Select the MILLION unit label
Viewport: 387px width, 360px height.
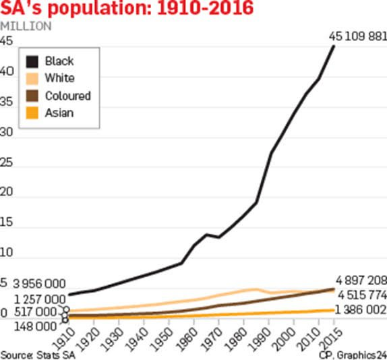(25, 26)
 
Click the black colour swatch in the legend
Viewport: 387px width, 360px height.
(31, 61)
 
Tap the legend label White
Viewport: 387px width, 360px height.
(59, 78)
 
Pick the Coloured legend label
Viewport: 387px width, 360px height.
(67, 96)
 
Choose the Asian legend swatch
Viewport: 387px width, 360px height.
(31, 113)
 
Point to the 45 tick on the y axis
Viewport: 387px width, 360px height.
(7, 41)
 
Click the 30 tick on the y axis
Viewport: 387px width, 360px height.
(7, 132)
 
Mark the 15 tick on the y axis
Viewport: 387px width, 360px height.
(7, 223)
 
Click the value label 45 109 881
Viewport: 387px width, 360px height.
(357, 36)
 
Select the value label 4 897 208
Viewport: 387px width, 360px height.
(360, 280)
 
